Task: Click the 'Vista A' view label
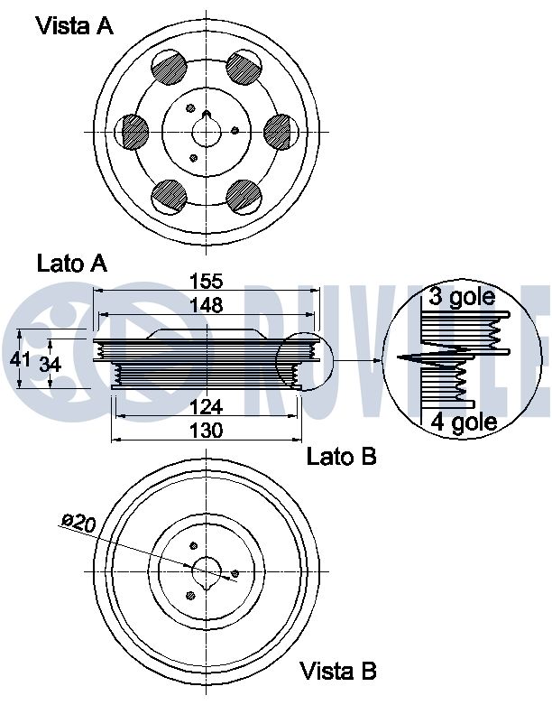click(75, 25)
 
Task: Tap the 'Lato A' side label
click(72, 263)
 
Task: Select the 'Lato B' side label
click(341, 457)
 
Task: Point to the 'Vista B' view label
click(337, 672)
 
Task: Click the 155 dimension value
click(207, 281)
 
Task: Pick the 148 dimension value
click(207, 305)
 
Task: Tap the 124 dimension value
click(207, 407)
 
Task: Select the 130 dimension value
click(207, 431)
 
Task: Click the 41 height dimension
click(20, 359)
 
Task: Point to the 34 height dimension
click(50, 364)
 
